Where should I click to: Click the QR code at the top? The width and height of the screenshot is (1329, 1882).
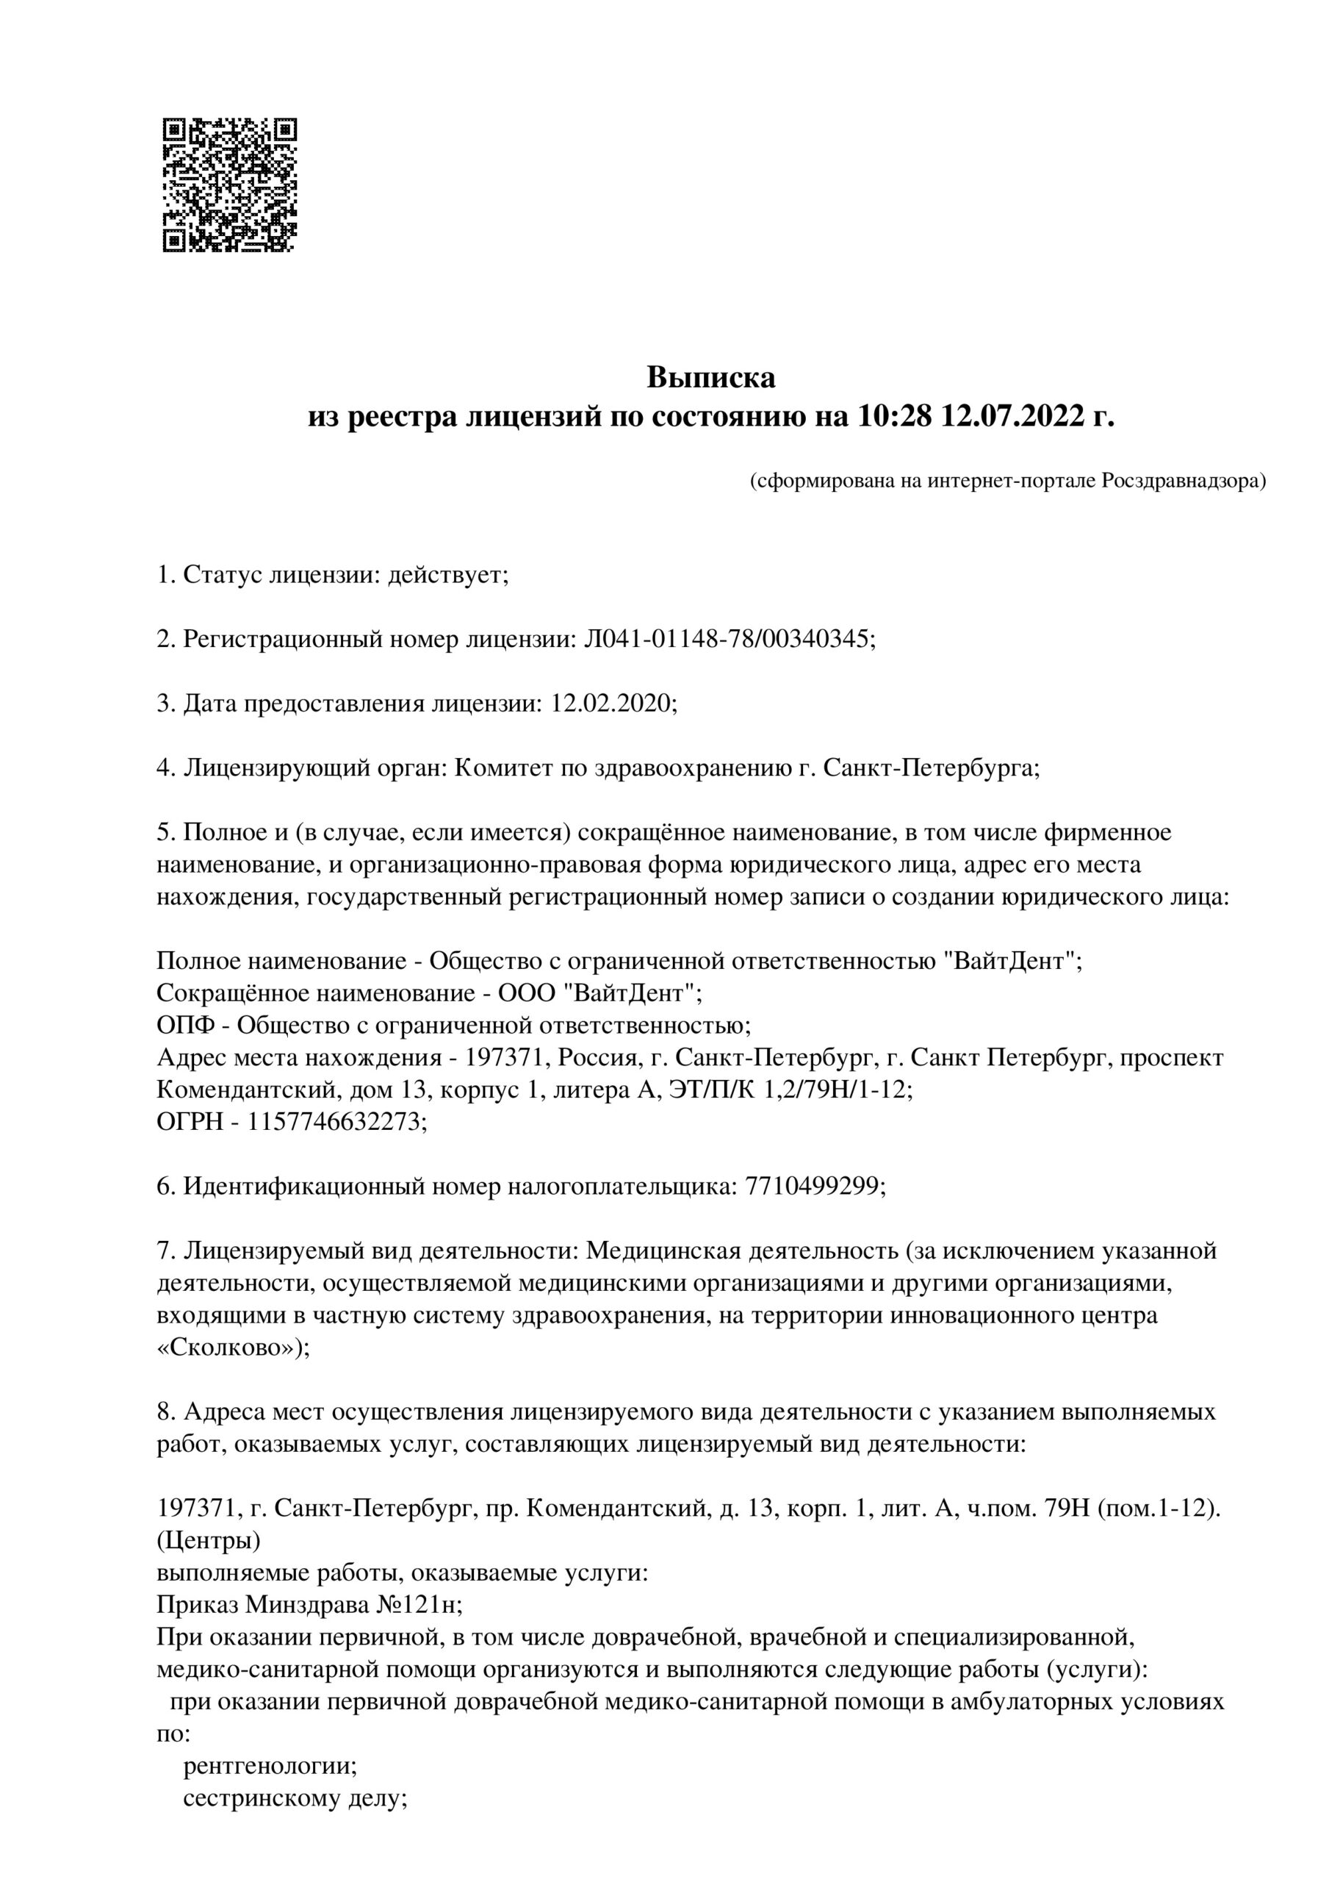[x=229, y=185]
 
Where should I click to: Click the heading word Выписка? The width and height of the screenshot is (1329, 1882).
[x=710, y=378]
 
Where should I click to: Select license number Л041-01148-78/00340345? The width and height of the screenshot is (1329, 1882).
[x=728, y=639]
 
